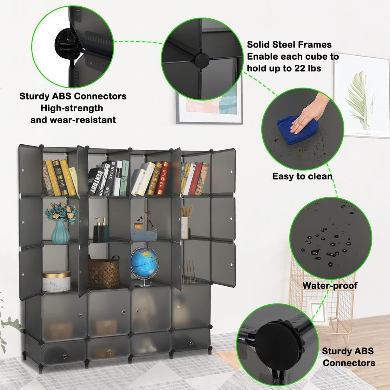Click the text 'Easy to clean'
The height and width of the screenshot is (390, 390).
click(x=302, y=176)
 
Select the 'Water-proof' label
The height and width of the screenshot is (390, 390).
click(x=330, y=285)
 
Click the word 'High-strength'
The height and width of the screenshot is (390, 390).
click(x=72, y=108)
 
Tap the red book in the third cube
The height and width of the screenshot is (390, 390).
click(x=163, y=178)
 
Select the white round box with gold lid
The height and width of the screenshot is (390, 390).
click(x=57, y=281)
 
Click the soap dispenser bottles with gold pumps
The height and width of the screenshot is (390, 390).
click(x=101, y=230)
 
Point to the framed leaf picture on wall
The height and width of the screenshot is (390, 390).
click(x=362, y=95)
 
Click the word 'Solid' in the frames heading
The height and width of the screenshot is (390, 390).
click(x=259, y=45)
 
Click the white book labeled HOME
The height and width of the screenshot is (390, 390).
click(x=110, y=178)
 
